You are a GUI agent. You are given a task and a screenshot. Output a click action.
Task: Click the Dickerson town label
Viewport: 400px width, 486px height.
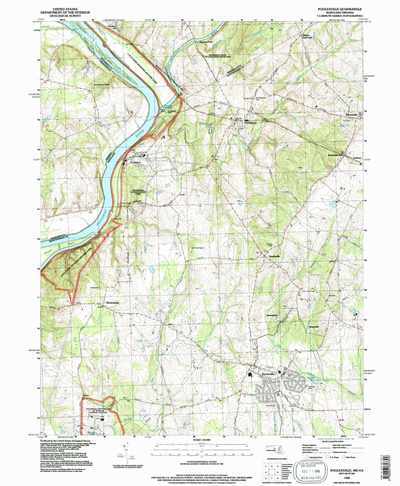coord(250,123)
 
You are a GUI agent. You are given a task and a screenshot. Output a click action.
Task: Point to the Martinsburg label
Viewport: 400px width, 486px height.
coord(112,303)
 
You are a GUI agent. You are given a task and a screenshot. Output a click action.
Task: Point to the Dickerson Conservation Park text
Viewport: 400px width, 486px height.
coord(139,192)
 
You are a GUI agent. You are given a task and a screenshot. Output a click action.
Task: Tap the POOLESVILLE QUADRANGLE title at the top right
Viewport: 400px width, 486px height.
coord(339,9)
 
